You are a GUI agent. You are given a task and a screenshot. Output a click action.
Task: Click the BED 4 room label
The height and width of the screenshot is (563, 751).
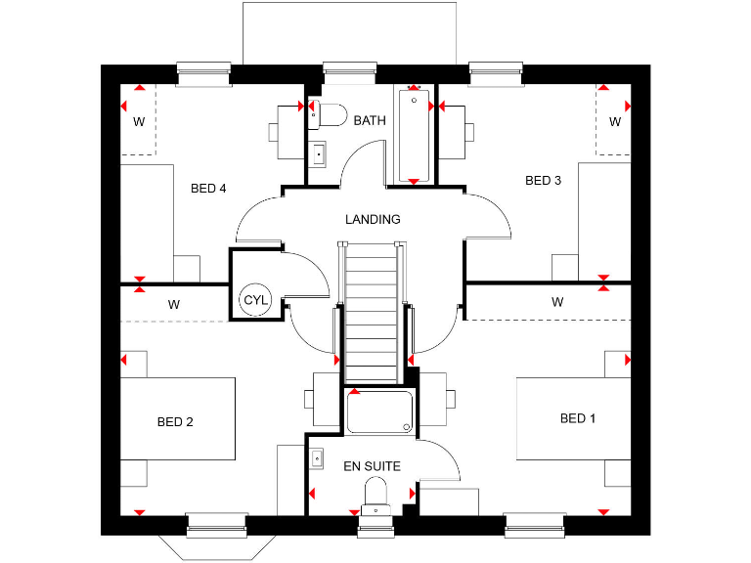point(208,189)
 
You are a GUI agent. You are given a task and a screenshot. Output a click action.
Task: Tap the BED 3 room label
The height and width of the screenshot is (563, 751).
point(543,180)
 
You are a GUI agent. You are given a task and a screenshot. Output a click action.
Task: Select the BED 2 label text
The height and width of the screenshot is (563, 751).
point(175,422)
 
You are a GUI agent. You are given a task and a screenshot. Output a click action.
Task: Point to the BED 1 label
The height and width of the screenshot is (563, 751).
point(578,418)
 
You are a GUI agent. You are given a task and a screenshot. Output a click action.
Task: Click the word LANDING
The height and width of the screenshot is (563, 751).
point(373,219)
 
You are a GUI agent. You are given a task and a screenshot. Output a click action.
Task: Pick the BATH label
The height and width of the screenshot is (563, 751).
point(370,120)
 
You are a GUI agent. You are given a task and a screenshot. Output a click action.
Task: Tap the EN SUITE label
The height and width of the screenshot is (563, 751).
point(371,466)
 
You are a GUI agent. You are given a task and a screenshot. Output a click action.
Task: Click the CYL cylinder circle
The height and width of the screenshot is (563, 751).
point(254,299)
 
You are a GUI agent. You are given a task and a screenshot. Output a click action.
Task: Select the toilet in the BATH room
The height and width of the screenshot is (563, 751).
point(329,115)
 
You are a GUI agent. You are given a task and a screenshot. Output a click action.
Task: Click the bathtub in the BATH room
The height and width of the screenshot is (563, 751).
point(415,135)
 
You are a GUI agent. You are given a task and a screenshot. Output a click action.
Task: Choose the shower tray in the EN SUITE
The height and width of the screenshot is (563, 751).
point(379,411)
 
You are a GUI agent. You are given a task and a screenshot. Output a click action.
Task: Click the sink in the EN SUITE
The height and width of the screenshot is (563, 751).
point(318,457)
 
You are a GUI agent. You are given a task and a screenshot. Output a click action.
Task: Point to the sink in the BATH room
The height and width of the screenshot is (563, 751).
point(318,153)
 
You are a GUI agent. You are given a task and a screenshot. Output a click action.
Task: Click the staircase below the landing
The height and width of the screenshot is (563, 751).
point(371,313)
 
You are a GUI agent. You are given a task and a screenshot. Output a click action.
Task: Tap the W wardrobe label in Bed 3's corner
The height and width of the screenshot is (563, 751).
point(615,122)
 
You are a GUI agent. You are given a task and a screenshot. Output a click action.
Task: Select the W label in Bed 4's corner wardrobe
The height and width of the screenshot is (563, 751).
point(139,122)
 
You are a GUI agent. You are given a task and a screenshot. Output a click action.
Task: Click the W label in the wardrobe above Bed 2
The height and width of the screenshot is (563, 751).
point(173,304)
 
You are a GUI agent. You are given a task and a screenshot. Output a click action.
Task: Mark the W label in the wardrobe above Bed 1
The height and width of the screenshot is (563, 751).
point(557,302)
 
